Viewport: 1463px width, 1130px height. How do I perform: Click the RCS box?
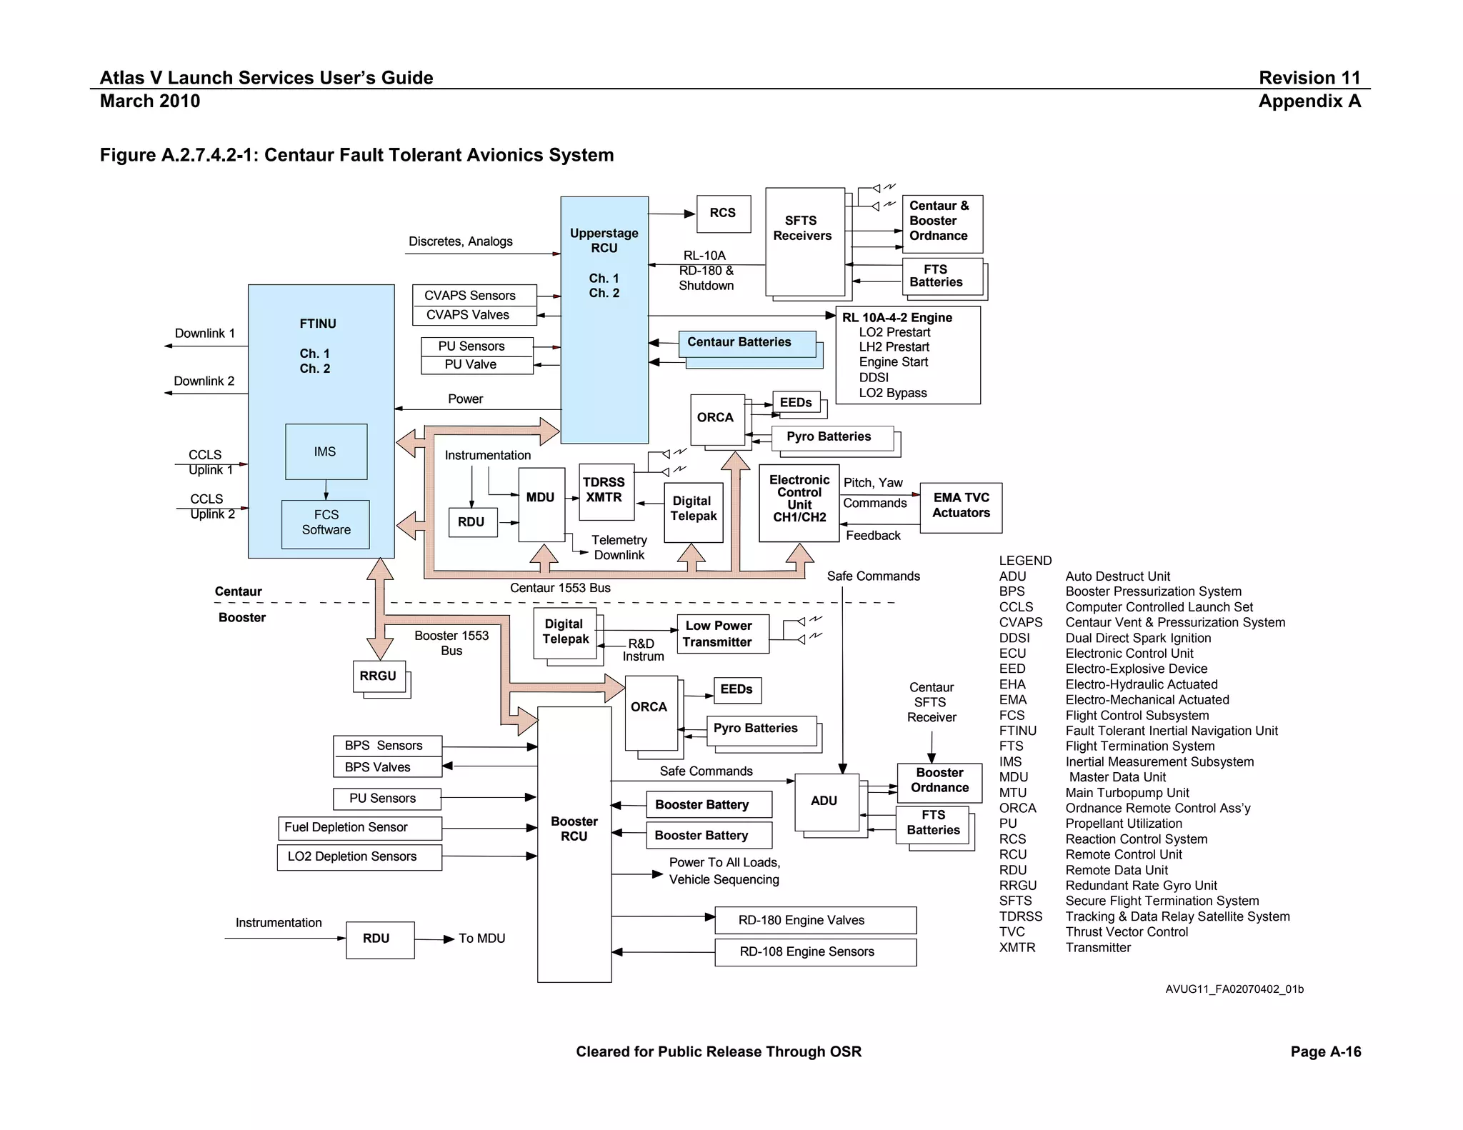(x=723, y=214)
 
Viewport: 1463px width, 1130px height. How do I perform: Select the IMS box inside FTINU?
(x=326, y=451)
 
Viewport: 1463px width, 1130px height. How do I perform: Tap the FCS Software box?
(x=326, y=524)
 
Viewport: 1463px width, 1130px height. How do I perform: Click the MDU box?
(x=541, y=504)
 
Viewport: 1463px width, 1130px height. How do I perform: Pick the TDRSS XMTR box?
(x=606, y=491)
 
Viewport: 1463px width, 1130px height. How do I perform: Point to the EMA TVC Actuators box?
(x=961, y=506)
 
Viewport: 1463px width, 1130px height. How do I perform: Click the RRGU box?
(x=379, y=676)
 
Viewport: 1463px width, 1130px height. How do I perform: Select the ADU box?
(x=825, y=801)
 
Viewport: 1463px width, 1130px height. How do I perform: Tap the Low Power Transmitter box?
(x=722, y=634)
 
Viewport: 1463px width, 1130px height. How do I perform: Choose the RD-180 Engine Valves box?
(x=815, y=920)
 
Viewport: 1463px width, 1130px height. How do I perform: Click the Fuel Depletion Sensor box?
(x=359, y=828)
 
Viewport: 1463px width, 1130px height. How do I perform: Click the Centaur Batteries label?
(x=739, y=342)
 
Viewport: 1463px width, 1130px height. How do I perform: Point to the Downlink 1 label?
(x=205, y=334)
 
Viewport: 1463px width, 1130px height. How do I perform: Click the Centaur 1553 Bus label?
(x=560, y=588)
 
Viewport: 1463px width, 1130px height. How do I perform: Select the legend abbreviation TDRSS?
(x=1020, y=916)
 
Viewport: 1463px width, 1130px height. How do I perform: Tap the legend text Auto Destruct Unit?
(x=1117, y=576)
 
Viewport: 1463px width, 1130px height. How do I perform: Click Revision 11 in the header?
(x=1309, y=78)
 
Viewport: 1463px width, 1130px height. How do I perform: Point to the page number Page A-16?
(x=1325, y=1051)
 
